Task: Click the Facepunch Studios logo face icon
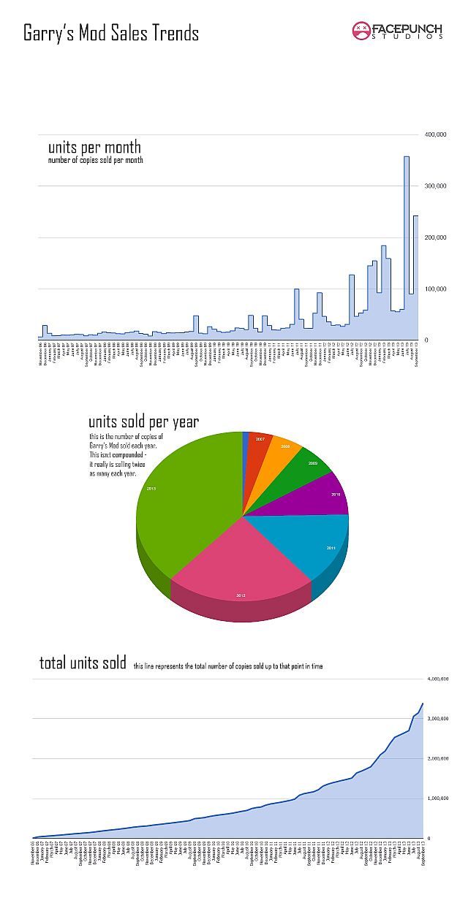click(x=361, y=31)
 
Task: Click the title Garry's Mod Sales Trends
click(x=111, y=34)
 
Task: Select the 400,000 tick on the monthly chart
click(x=437, y=135)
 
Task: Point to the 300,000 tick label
click(x=437, y=186)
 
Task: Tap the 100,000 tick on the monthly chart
click(x=437, y=289)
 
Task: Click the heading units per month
click(x=94, y=147)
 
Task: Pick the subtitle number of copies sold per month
click(x=96, y=160)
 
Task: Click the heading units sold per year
click(x=143, y=422)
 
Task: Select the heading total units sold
click(x=83, y=663)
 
